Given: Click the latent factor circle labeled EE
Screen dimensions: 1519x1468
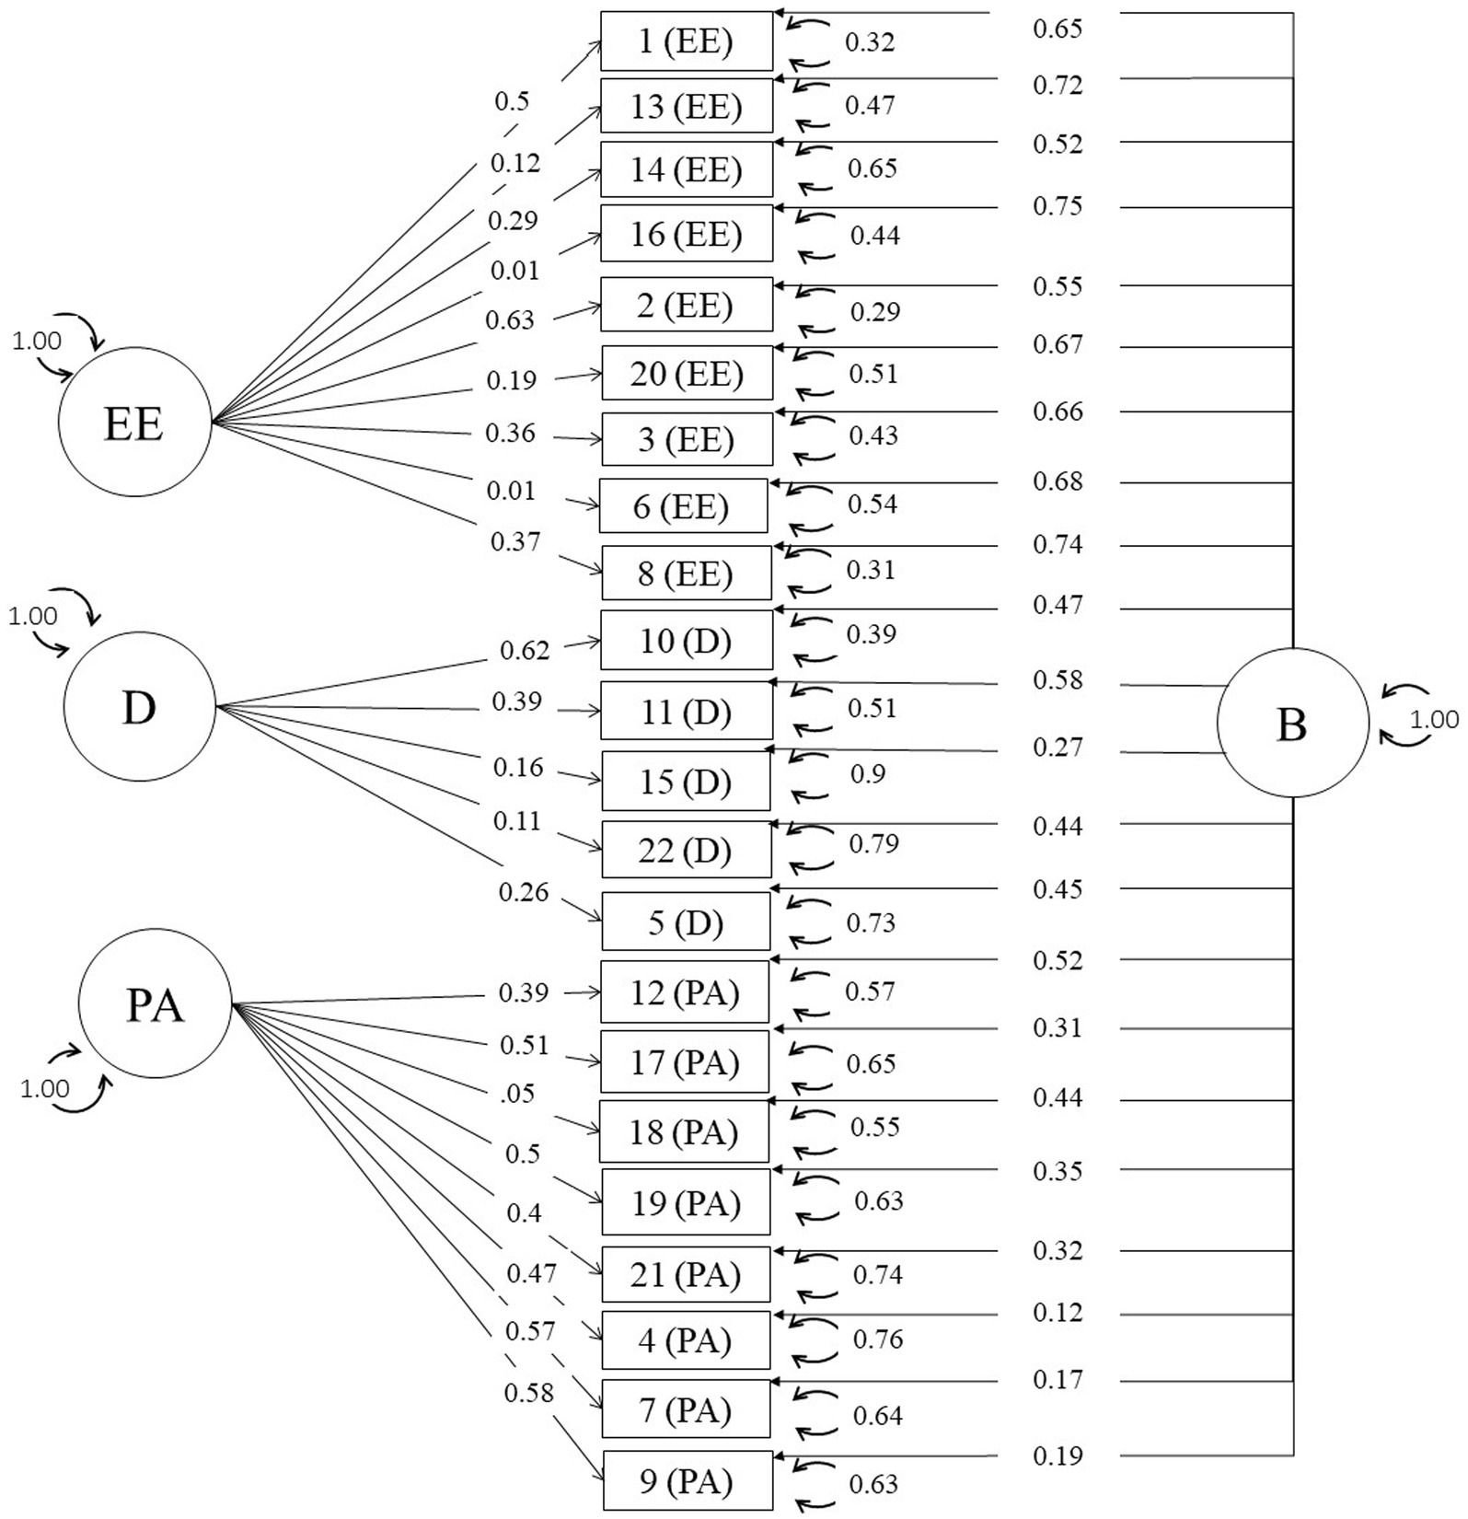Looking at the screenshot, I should (x=134, y=422).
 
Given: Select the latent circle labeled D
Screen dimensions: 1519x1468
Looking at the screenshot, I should (x=140, y=706).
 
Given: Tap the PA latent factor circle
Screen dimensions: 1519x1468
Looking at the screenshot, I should (x=155, y=1004).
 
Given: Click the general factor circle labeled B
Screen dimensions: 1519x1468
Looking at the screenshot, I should (x=1292, y=723).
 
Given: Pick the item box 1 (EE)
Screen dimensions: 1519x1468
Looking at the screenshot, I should (x=687, y=41).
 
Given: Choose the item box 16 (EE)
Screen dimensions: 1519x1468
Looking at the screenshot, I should (x=687, y=234).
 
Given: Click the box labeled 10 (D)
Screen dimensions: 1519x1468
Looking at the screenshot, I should (x=687, y=640).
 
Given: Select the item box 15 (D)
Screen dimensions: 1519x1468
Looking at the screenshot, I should (x=686, y=781).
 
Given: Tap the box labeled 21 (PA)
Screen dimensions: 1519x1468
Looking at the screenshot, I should (x=686, y=1274).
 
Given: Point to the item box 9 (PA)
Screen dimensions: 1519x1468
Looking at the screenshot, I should (x=688, y=1480).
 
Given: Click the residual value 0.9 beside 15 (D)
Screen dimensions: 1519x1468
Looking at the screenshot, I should (x=868, y=773).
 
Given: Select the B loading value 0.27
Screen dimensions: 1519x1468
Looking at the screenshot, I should (x=1058, y=747).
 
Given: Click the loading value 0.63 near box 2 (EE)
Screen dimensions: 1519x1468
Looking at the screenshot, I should (x=510, y=319).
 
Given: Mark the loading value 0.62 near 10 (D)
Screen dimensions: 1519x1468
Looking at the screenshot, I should (x=525, y=651).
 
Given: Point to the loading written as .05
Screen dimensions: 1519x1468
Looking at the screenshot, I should (x=518, y=1093).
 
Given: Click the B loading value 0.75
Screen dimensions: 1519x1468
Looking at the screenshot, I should (x=1058, y=206).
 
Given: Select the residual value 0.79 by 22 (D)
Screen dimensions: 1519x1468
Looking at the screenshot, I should (x=873, y=843).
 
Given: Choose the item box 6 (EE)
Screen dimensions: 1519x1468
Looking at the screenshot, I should (x=683, y=505).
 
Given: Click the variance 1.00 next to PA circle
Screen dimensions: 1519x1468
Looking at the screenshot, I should (x=45, y=1089).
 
